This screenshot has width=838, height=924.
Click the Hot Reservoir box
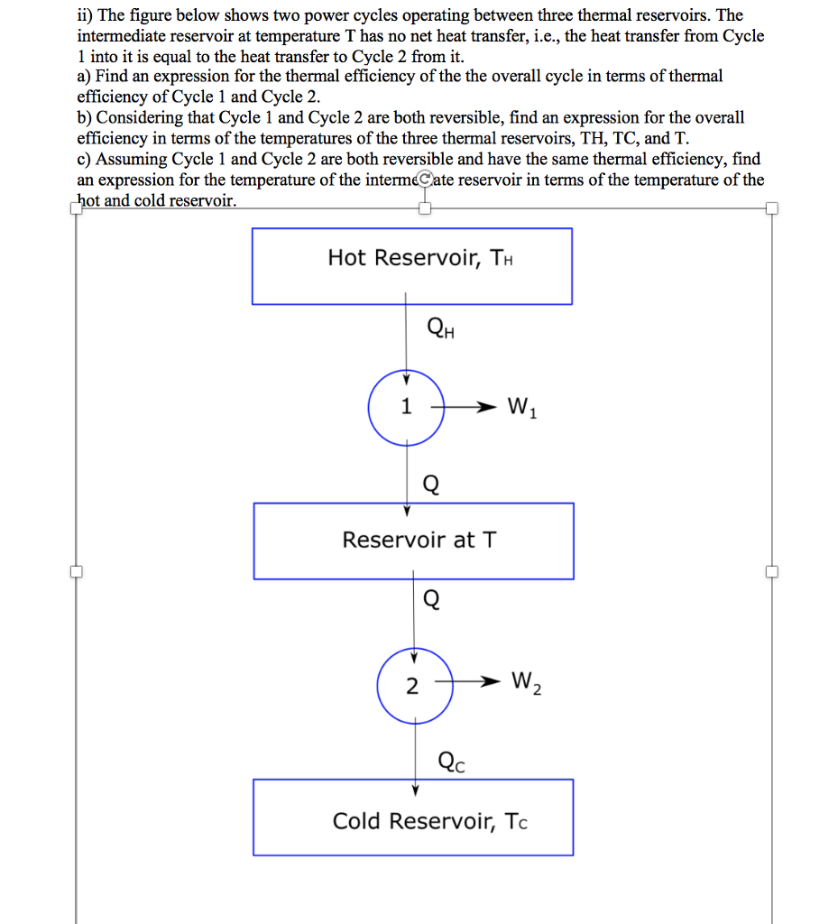coord(411,266)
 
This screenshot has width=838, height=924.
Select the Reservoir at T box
coord(413,541)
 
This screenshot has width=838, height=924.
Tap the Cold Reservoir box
coord(413,818)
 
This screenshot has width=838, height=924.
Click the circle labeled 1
coord(406,407)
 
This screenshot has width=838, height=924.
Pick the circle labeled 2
coord(412,687)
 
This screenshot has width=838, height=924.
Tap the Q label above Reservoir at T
coord(431,485)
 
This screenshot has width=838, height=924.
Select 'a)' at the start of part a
coord(85,77)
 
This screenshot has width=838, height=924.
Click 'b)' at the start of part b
coord(85,118)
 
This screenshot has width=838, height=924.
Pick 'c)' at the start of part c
coord(85,160)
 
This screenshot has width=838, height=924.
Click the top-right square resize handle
coord(771,208)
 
